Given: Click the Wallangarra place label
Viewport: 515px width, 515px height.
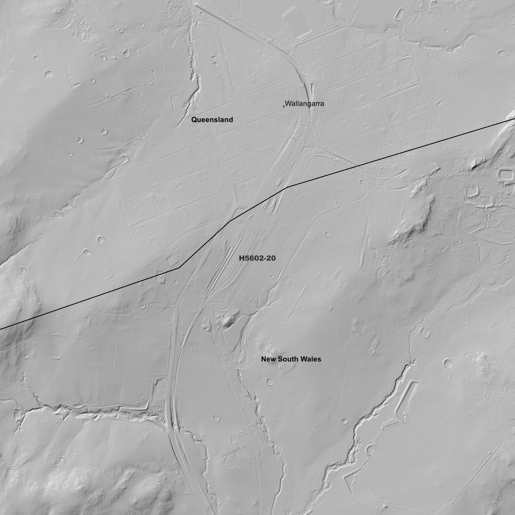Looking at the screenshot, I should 304,104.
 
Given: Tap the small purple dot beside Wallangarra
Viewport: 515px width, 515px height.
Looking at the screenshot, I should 284,106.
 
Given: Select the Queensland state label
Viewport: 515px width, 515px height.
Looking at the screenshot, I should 212,120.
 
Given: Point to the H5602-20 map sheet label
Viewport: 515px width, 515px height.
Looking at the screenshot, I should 257,258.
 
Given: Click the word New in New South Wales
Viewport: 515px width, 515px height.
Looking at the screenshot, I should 268,359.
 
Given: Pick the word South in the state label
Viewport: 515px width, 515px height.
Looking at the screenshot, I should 289,359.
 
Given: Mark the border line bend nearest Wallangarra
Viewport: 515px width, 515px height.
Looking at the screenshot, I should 287,187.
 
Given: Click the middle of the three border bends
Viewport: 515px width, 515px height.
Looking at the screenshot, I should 229,221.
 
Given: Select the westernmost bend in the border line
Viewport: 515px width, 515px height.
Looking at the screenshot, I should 179,268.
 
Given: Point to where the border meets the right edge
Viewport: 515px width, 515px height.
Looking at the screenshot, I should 514,119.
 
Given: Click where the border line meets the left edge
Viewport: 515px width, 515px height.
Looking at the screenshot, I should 1,329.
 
